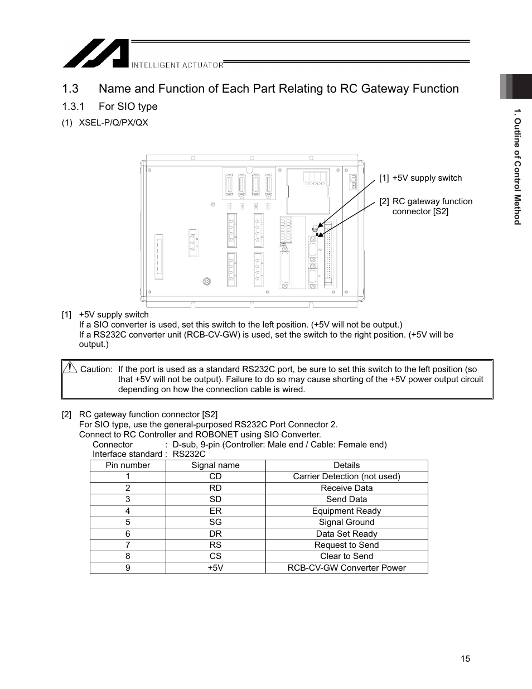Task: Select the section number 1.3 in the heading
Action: pyautogui.click(x=70, y=89)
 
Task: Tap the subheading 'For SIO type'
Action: pyautogui.click(x=128, y=107)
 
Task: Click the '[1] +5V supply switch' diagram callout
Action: pyautogui.click(x=421, y=178)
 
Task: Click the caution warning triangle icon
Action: pyautogui.click(x=70, y=368)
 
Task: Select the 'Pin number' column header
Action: pyautogui.click(x=128, y=465)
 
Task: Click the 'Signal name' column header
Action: pyautogui.click(x=215, y=465)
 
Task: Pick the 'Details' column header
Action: pyautogui.click(x=346, y=465)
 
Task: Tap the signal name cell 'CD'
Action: pyautogui.click(x=215, y=476)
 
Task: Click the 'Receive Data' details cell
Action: pyautogui.click(x=346, y=488)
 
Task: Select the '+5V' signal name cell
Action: pyautogui.click(x=215, y=568)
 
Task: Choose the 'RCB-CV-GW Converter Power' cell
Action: pyautogui.click(x=346, y=568)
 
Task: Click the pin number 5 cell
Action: pyautogui.click(x=128, y=522)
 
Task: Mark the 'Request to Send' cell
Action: pyautogui.click(x=346, y=545)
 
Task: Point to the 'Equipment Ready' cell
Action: pyautogui.click(x=346, y=511)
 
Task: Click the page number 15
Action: pyautogui.click(x=465, y=659)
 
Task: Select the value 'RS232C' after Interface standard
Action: pyautogui.click(x=189, y=454)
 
